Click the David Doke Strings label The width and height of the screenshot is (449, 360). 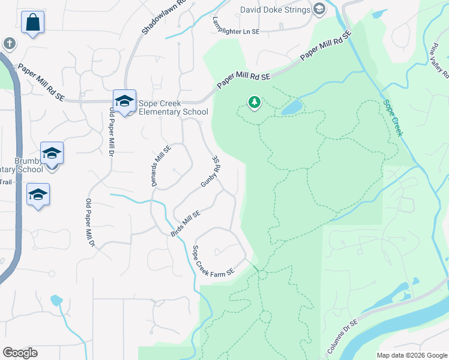(x=275, y=10)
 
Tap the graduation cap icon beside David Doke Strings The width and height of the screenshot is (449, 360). (x=319, y=9)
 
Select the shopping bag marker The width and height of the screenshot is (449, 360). (x=33, y=23)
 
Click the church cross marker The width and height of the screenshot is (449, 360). (x=9, y=43)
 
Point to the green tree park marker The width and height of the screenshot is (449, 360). (x=255, y=103)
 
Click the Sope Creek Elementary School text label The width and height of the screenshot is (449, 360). (x=173, y=107)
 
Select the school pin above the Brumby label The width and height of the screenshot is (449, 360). (x=52, y=154)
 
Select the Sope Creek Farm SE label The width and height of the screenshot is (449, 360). (x=212, y=265)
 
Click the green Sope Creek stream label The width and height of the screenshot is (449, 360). (x=392, y=118)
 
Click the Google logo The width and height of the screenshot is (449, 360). (x=20, y=352)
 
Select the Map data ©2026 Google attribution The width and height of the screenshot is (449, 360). (x=411, y=355)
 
